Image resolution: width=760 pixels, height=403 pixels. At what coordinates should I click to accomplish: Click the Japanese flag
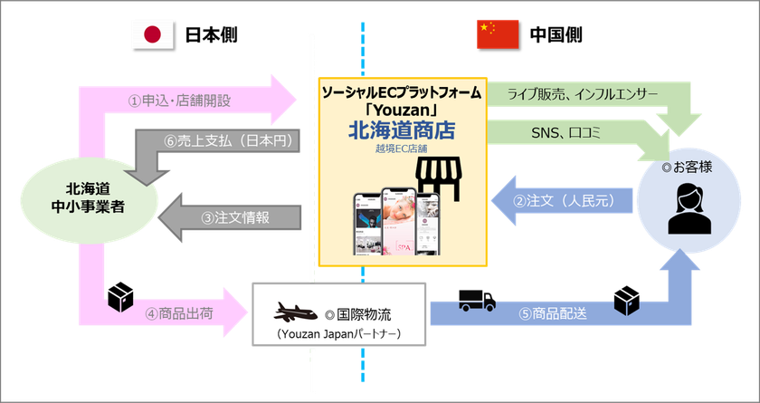[x=151, y=34]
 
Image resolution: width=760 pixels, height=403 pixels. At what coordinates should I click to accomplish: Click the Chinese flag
[x=498, y=34]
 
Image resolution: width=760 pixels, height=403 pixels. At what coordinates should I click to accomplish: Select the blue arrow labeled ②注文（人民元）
[x=561, y=201]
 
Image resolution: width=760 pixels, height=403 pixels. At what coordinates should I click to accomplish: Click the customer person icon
[x=684, y=210]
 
